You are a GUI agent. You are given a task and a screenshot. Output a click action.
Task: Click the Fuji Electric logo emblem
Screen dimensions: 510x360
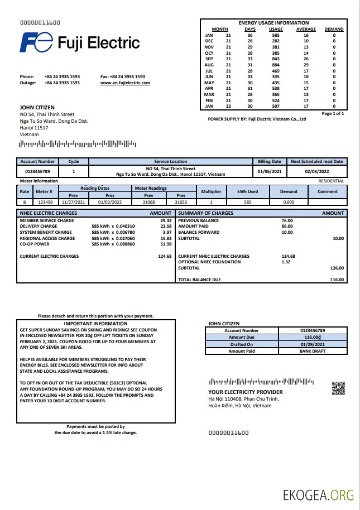pyautogui.click(x=37, y=42)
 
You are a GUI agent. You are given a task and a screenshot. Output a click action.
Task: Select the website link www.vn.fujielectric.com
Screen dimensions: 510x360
pyautogui.click(x=125, y=83)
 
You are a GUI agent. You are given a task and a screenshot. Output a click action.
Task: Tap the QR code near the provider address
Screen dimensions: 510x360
pyautogui.click(x=338, y=388)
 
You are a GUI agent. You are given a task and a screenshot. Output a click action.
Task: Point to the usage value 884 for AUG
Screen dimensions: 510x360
pyautogui.click(x=275, y=65)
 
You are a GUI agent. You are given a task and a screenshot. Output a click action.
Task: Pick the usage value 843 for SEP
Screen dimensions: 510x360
pyautogui.click(x=275, y=59)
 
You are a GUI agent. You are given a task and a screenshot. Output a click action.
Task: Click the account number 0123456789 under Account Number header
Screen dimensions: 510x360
pyautogui.click(x=37, y=171)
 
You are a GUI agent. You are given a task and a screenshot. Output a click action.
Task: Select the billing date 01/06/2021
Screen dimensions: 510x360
pyautogui.click(x=270, y=171)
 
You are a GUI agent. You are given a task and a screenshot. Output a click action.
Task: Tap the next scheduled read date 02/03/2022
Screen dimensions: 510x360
pyautogui.click(x=317, y=171)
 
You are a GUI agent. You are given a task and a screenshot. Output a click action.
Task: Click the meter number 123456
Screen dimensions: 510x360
pyautogui.click(x=45, y=202)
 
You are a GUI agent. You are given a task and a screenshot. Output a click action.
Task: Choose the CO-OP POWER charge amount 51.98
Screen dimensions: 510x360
pyautogui.click(x=166, y=244)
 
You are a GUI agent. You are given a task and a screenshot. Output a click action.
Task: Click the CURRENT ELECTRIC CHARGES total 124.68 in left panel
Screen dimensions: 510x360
pyautogui.click(x=165, y=256)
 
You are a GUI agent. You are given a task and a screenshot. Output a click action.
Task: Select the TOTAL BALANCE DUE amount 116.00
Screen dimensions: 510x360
pyautogui.click(x=337, y=280)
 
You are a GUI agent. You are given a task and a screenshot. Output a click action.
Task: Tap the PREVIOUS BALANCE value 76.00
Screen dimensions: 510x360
pyautogui.click(x=287, y=220)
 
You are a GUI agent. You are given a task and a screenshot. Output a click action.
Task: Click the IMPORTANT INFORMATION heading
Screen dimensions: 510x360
pyautogui.click(x=95, y=324)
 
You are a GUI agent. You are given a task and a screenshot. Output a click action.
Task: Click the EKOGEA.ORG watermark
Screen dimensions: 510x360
pyautogui.click(x=318, y=494)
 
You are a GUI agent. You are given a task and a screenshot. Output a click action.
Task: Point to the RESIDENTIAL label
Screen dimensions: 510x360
pyautogui.click(x=331, y=181)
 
